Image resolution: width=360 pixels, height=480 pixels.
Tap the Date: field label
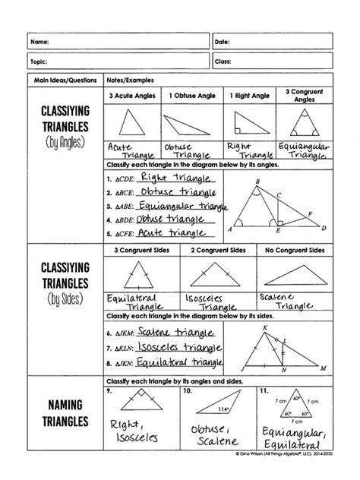pyautogui.click(x=223, y=40)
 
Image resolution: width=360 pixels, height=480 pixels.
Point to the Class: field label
pyautogui.click(x=223, y=60)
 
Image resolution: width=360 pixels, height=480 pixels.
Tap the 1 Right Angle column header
pyautogui.click(x=248, y=96)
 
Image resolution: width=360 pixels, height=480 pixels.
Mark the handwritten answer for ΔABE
pyautogui.click(x=183, y=206)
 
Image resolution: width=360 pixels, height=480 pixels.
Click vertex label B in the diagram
pyautogui.click(x=258, y=181)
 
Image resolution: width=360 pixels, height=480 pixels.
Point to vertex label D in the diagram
pyautogui.click(x=324, y=228)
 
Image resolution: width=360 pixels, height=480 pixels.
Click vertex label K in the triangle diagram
pyautogui.click(x=265, y=327)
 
